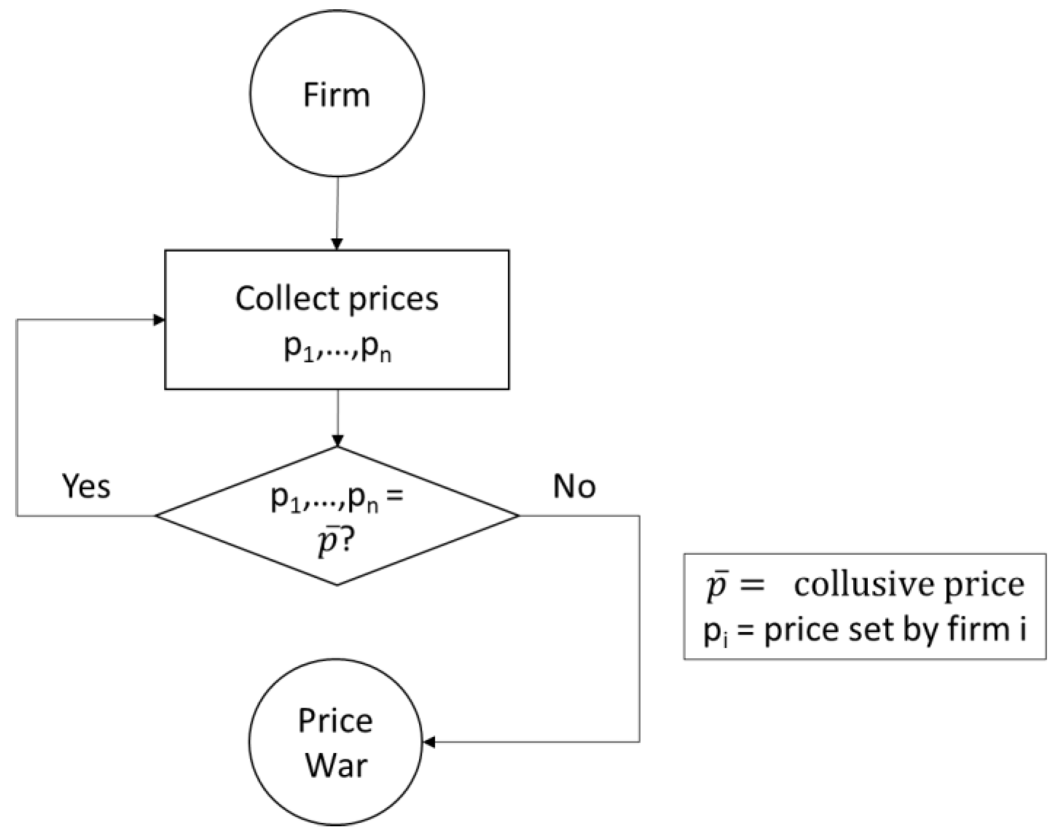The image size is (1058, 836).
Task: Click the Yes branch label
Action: point(86,486)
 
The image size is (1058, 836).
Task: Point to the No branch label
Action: point(574,486)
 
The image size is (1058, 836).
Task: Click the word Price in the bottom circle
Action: point(336,721)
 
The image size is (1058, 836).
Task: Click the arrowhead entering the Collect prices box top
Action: point(337,244)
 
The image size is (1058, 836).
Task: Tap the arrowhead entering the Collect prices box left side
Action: point(159,320)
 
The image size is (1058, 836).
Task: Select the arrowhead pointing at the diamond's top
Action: point(337,440)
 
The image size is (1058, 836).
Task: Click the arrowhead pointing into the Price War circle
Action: point(429,742)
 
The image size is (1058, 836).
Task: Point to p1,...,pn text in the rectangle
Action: point(338,349)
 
